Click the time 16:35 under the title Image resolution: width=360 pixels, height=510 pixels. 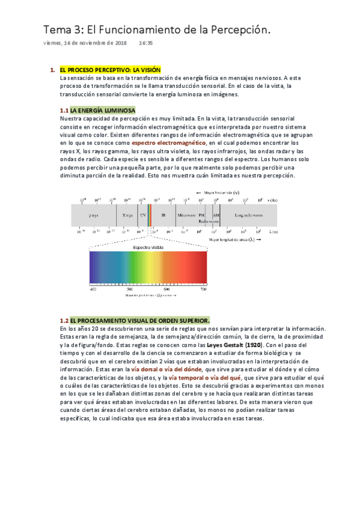click(145, 43)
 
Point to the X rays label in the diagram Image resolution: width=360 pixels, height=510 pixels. click(127, 215)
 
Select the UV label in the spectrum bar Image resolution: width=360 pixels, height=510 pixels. click(143, 215)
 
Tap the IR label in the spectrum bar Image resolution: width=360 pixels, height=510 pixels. click(163, 215)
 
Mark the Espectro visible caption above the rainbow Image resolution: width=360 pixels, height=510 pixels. click(148, 247)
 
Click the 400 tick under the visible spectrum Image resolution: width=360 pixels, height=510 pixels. click(93, 290)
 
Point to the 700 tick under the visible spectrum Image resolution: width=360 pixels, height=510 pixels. click(203, 290)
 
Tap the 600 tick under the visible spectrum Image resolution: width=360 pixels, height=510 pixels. click(166, 290)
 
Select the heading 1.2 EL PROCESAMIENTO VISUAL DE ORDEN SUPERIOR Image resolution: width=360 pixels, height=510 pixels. click(135, 321)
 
